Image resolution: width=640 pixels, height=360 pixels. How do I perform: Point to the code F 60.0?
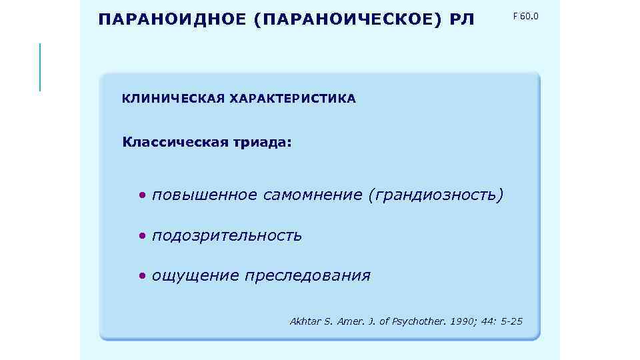(525, 15)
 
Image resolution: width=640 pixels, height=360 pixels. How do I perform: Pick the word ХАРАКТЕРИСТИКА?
(293, 99)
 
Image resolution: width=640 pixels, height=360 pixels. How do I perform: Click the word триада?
(261, 142)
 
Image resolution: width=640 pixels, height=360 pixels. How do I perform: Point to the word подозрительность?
(227, 236)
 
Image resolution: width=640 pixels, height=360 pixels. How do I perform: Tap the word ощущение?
(195, 276)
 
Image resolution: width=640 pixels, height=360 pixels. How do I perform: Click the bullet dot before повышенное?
(142, 196)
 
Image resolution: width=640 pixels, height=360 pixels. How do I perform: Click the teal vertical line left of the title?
(40, 67)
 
